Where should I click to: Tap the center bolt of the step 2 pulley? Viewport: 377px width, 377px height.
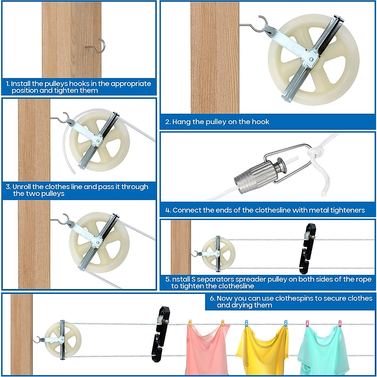(x=311, y=59)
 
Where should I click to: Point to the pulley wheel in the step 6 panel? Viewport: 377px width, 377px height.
(x=63, y=339)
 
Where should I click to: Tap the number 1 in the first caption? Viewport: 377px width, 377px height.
(x=8, y=84)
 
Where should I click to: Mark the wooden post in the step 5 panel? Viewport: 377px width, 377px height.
(x=181, y=247)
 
